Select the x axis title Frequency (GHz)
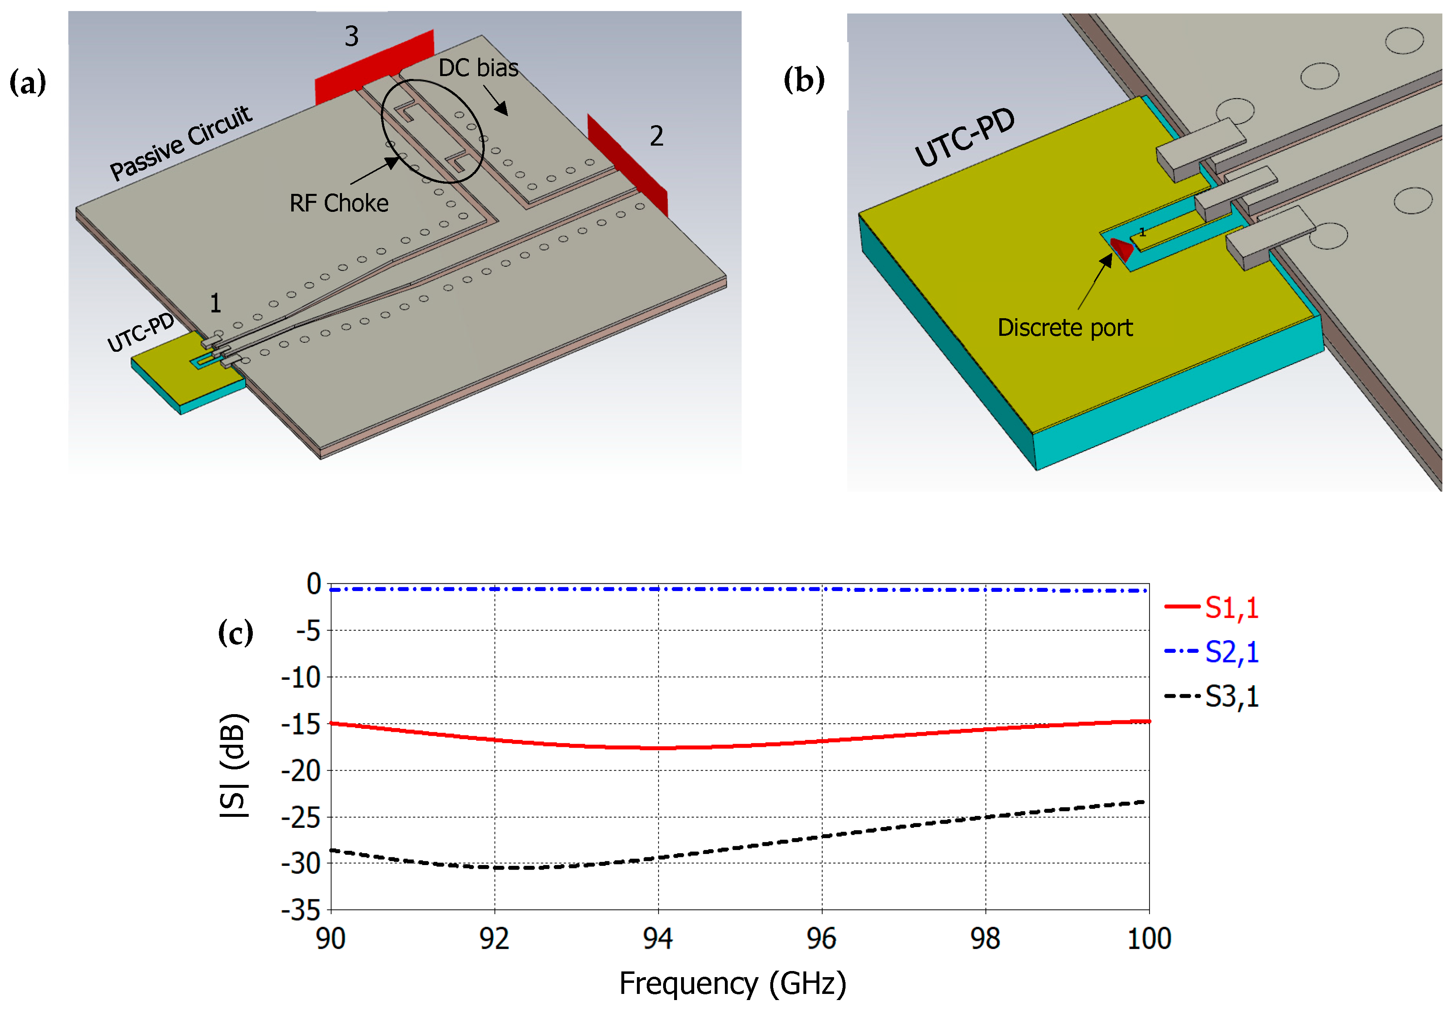click(732, 983)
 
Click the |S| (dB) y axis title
click(234, 766)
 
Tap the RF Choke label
click(339, 203)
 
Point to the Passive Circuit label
click(180, 143)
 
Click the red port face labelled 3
click(373, 66)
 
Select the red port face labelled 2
click(627, 164)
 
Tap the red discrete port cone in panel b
click(1121, 248)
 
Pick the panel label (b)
click(804, 80)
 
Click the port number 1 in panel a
click(215, 303)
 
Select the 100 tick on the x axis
click(1149, 938)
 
